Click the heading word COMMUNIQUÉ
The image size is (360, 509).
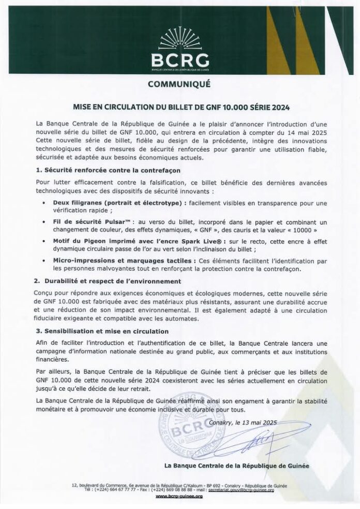point(179,84)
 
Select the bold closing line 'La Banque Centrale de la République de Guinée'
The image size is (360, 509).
point(236,466)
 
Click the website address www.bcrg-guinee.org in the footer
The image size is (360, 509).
point(179,496)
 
